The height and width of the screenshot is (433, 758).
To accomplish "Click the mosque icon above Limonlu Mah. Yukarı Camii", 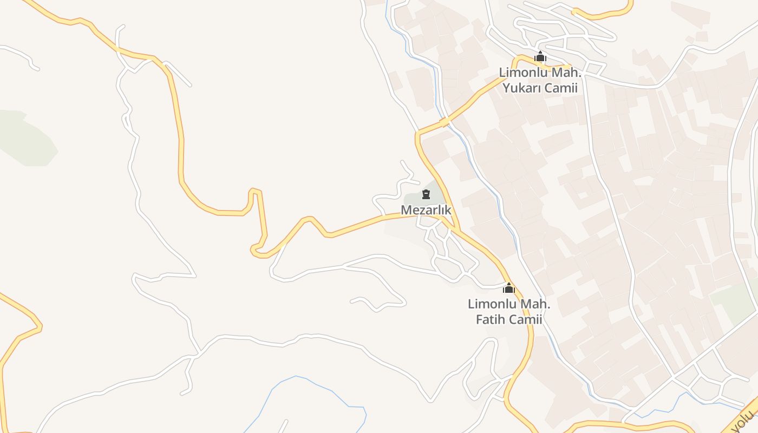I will [540, 56].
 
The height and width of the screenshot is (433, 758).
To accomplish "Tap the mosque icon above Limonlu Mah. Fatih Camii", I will [508, 288].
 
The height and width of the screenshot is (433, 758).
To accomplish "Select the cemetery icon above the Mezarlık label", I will [426, 194].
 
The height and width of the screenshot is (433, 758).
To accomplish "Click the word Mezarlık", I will [426, 209].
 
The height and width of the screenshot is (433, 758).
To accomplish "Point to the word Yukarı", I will [523, 88].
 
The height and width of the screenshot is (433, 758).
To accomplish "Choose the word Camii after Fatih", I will [526, 319].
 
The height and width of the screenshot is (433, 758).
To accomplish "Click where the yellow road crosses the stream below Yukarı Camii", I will [445, 122].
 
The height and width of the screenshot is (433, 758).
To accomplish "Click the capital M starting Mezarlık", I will [406, 209].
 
